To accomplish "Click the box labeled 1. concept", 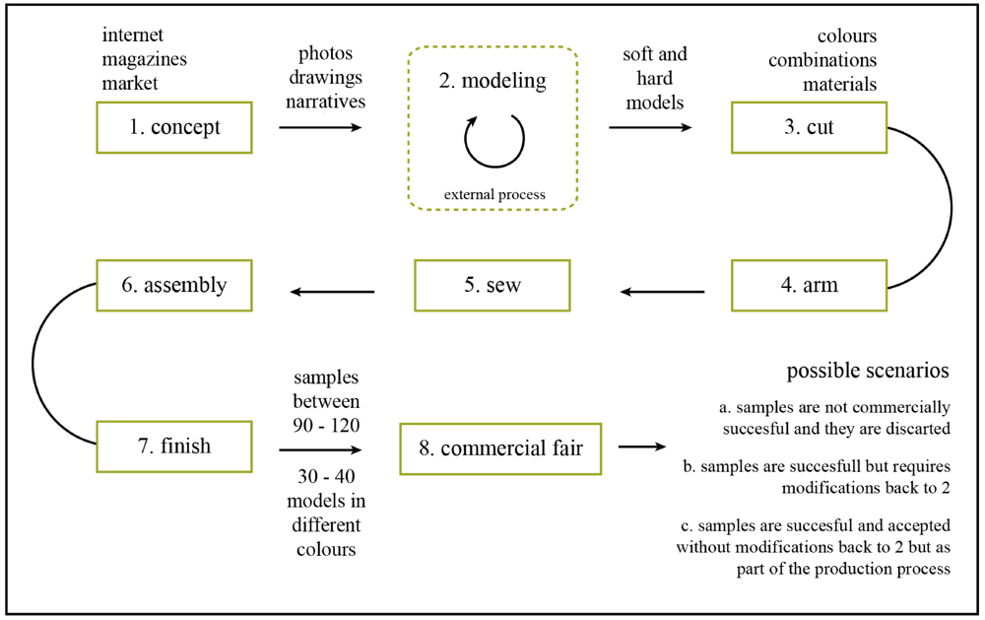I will coord(174,128).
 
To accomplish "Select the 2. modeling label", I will coord(492,82).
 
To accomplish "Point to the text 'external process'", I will coord(493,194).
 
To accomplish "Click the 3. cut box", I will coord(807,128).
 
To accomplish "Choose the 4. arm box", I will coord(807,286).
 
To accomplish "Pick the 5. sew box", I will coord(493,286).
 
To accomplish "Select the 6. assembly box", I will coord(173,286).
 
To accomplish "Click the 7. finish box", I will coord(174,446).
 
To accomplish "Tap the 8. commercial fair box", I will coord(500,448).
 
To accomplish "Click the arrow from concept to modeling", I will coord(320,128).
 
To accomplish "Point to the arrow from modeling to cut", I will coord(649,128).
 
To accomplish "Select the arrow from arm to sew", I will coord(662,291).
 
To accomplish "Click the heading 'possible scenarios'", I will coord(868,372).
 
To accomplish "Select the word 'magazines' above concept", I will coord(145,60).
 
